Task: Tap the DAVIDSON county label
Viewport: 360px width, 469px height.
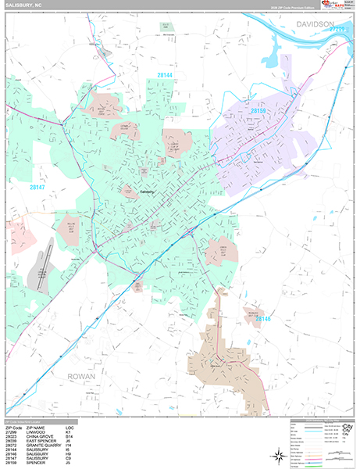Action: pos(315,26)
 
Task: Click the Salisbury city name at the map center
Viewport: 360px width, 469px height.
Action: pos(147,191)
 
